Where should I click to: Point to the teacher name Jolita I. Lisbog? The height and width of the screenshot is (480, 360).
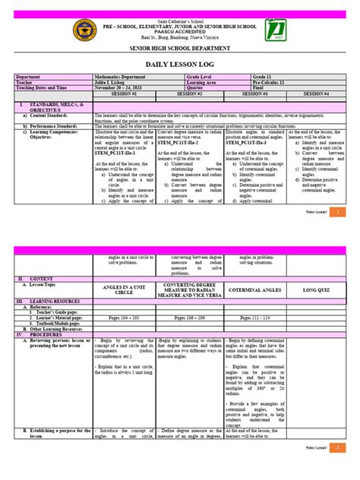(114, 82)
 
